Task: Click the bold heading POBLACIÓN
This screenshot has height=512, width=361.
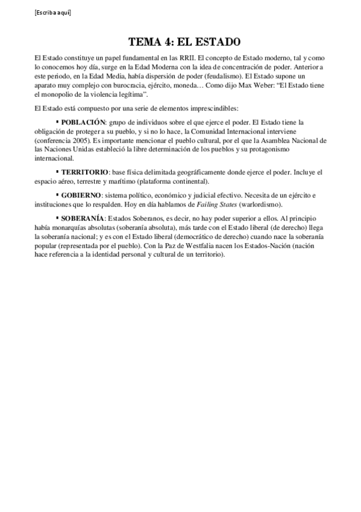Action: pos(88,121)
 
